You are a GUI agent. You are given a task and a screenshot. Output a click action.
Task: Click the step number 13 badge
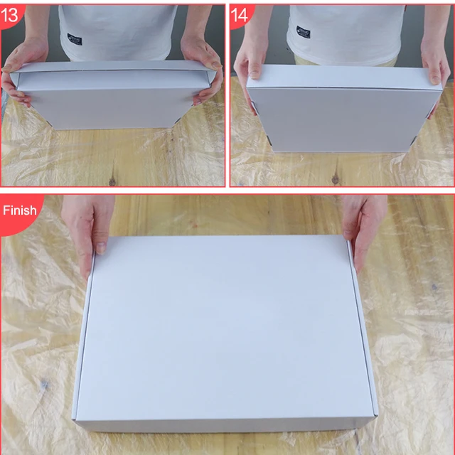tap(12, 15)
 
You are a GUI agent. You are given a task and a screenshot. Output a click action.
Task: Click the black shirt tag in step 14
tap(304, 33)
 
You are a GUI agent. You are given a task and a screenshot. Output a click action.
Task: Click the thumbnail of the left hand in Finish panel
tap(101, 248)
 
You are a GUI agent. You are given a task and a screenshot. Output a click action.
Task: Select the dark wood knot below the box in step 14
tap(335, 177)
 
